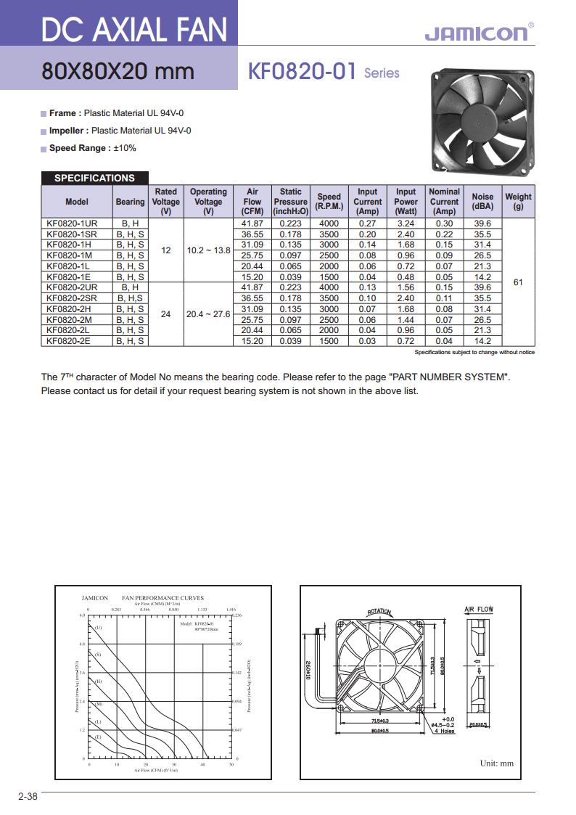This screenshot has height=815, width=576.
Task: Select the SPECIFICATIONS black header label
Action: coord(94,178)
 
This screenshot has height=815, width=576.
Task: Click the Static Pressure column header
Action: coord(291,201)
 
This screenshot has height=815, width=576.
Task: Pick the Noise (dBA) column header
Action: coord(482,201)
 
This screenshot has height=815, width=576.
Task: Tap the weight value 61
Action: coord(518,282)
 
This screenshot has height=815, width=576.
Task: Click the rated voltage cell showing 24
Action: coord(166,314)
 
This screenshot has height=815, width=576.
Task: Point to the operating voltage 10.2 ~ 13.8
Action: coord(208,250)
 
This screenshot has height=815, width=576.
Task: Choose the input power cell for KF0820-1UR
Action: coord(406,224)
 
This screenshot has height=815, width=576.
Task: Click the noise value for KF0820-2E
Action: coord(482,340)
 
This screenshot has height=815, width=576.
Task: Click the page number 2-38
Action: coord(28,796)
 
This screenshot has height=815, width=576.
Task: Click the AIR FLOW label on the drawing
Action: coord(478,610)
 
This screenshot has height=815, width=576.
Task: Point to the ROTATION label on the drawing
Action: coord(379,612)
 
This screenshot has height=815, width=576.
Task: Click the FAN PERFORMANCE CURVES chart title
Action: coord(162,598)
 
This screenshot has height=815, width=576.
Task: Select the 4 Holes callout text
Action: coord(444,731)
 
